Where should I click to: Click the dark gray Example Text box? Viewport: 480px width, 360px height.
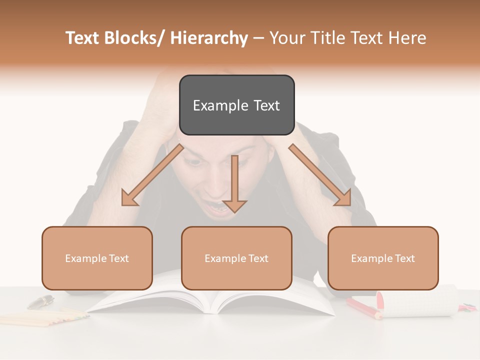pyautogui.click(x=236, y=105)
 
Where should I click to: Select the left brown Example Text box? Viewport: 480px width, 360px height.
pyautogui.click(x=97, y=258)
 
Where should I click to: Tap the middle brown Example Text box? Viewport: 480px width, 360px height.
pyautogui.click(x=236, y=258)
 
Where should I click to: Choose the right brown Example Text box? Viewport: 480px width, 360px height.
pyautogui.click(x=383, y=258)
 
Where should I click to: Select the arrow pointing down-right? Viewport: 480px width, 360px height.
pyautogui.click(x=320, y=175)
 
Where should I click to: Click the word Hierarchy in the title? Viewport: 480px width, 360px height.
pyautogui.click(x=208, y=38)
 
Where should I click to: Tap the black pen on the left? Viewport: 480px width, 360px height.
pyautogui.click(x=40, y=301)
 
